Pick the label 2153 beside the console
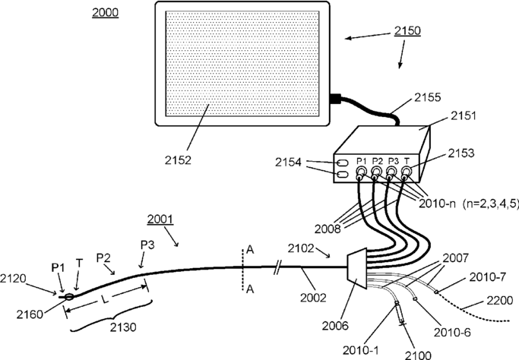pyautogui.click(x=461, y=153)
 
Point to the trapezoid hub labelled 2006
pyautogui.click(x=356, y=272)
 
